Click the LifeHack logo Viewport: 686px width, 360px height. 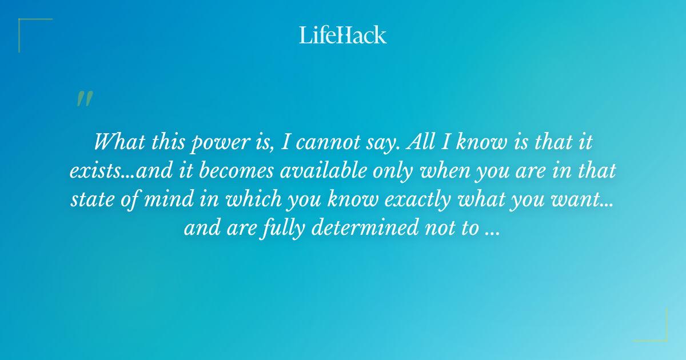pyautogui.click(x=343, y=35)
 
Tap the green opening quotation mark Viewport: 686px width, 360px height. pyautogui.click(x=84, y=99)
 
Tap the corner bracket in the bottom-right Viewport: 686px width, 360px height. pyautogui.click(x=659, y=333)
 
